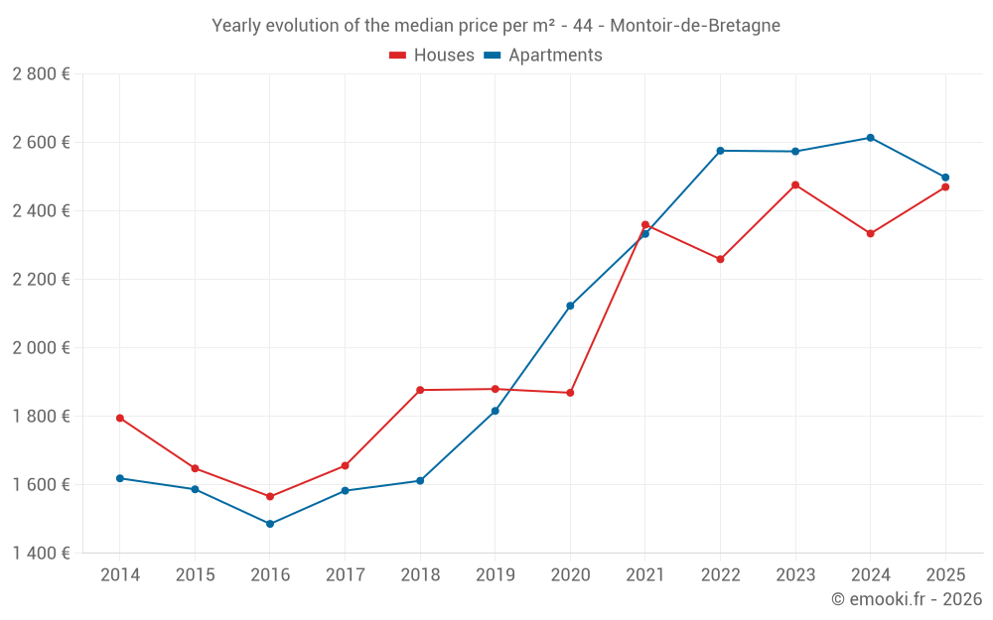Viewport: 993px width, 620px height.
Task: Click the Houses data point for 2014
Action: point(120,418)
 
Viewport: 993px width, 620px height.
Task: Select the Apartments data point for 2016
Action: point(270,524)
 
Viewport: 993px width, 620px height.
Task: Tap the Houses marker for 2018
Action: point(420,390)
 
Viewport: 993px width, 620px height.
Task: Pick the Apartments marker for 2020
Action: point(570,306)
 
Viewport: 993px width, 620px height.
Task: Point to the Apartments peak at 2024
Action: point(870,138)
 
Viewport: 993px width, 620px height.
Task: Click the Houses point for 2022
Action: point(720,259)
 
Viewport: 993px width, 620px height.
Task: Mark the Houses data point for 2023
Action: point(795,185)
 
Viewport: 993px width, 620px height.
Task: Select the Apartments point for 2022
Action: point(720,151)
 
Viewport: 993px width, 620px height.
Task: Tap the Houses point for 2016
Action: point(270,496)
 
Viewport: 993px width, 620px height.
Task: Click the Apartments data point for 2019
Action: point(495,411)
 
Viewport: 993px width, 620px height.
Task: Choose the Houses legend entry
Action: point(432,56)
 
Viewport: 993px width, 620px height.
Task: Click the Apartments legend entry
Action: point(543,56)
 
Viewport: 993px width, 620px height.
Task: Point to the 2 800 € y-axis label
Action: point(41,74)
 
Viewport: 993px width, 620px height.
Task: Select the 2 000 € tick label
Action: point(41,348)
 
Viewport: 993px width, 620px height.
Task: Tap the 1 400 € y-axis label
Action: point(41,554)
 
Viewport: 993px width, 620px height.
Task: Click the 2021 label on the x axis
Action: point(645,574)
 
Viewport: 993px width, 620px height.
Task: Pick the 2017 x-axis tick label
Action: point(345,574)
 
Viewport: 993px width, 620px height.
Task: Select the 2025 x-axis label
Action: point(944,574)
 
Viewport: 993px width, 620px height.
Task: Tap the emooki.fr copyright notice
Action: point(907,599)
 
